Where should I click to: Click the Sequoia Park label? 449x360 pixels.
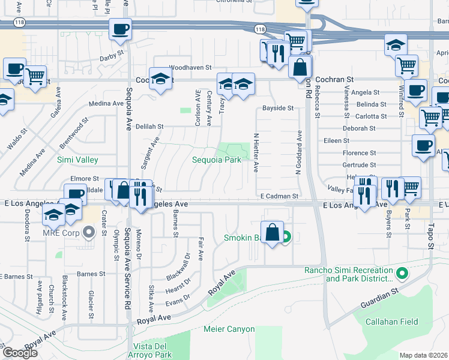(x=216, y=160)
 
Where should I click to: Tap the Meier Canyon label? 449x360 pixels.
(x=229, y=329)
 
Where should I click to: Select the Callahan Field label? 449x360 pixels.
(x=393, y=322)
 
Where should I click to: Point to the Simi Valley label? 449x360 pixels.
(x=77, y=160)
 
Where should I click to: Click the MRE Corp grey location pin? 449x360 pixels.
(x=89, y=232)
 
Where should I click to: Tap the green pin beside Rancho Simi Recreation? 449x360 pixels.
(x=403, y=274)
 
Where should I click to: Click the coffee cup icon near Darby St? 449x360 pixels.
(x=120, y=29)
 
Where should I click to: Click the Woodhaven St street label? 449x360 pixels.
(x=191, y=68)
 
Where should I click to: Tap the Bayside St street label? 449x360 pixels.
(x=277, y=109)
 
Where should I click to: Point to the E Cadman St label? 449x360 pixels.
(x=279, y=196)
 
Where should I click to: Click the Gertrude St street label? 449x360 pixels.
(x=359, y=165)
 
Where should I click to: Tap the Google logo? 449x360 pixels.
(x=20, y=353)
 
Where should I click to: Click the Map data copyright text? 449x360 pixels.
(x=424, y=355)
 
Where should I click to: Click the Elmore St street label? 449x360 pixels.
(x=84, y=179)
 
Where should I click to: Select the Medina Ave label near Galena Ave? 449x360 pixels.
(x=106, y=103)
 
